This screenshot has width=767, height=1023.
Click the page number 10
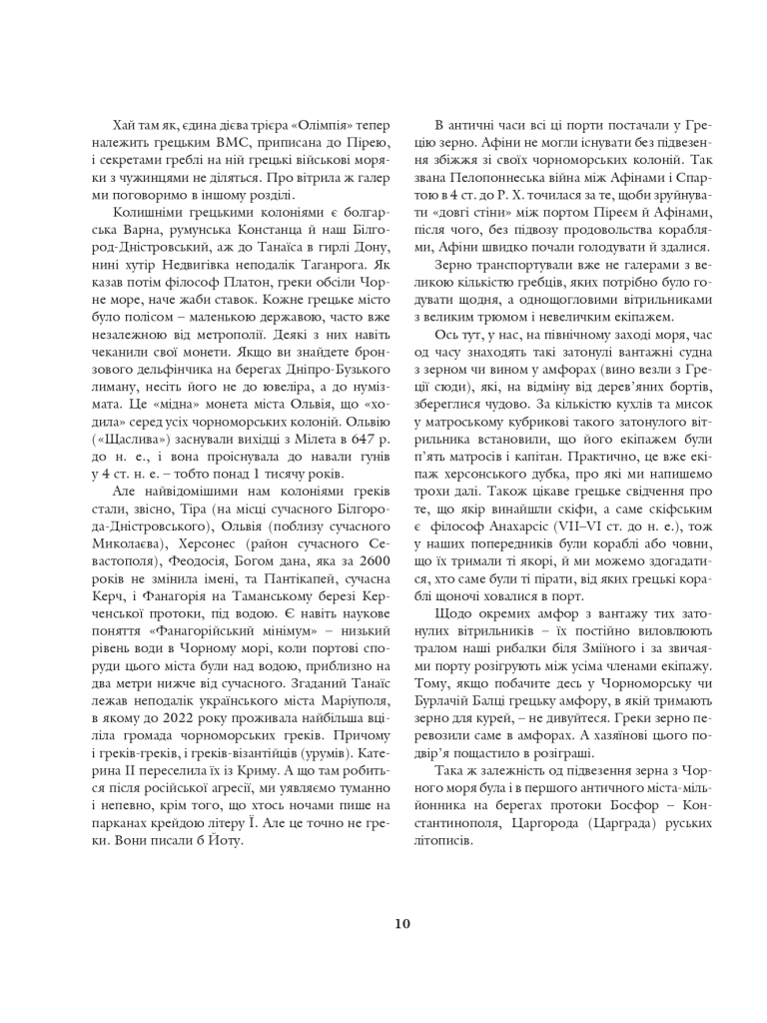pos(401,923)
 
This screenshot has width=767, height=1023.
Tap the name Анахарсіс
pos(527,524)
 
